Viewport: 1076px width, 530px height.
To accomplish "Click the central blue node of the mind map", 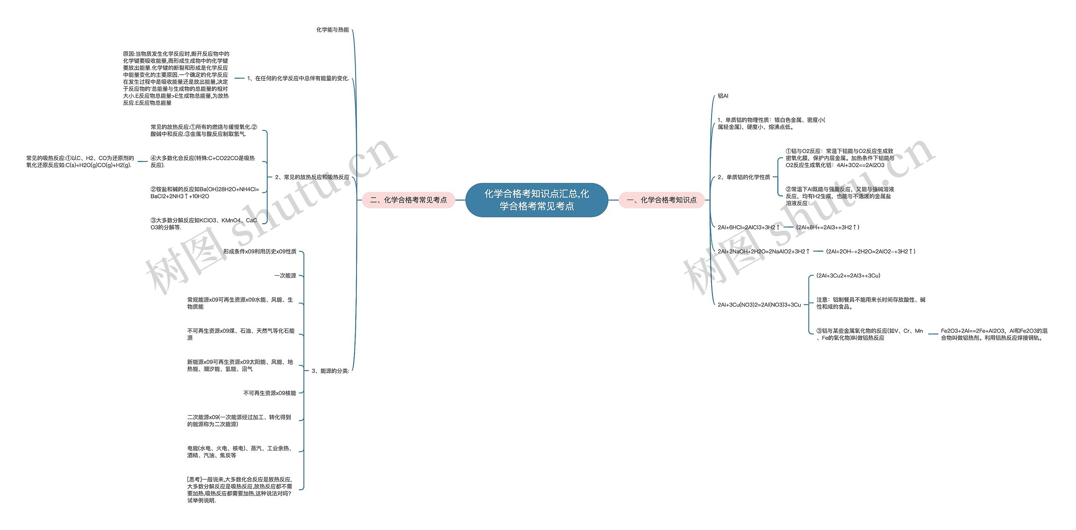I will (x=537, y=200).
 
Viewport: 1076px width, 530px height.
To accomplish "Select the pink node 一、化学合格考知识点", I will (x=662, y=200).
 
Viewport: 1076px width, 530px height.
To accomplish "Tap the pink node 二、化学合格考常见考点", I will (x=408, y=200).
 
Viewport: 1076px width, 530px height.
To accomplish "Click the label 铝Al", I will (x=723, y=96).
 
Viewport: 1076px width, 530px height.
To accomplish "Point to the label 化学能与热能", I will (x=332, y=30).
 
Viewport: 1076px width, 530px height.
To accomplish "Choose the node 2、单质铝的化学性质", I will (x=744, y=177).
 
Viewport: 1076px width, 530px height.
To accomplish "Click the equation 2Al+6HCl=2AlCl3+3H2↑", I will (x=749, y=227).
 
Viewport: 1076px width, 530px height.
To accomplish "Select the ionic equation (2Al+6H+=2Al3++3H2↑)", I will (x=828, y=227).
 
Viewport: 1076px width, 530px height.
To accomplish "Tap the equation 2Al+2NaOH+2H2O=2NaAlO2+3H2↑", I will (x=764, y=251).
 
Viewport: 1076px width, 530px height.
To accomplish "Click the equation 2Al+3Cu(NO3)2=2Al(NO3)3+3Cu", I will (x=759, y=305).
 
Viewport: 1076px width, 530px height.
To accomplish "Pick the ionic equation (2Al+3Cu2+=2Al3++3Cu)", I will (x=848, y=276).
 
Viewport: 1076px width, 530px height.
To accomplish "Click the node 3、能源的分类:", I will (x=330, y=371).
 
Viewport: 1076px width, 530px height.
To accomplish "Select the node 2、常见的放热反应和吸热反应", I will (x=312, y=177).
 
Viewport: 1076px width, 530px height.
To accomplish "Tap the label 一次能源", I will (x=285, y=276).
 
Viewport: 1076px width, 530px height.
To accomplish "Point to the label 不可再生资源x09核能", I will (x=269, y=393).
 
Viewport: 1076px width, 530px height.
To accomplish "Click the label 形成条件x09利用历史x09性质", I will (x=260, y=251).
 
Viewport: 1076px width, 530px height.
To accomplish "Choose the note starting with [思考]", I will (x=240, y=490).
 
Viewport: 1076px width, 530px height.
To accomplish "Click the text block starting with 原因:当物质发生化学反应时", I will (x=176, y=78).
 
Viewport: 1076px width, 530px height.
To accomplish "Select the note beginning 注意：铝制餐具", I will (x=871, y=303).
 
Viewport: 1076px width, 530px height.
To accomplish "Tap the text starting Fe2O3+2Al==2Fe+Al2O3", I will (x=994, y=334).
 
